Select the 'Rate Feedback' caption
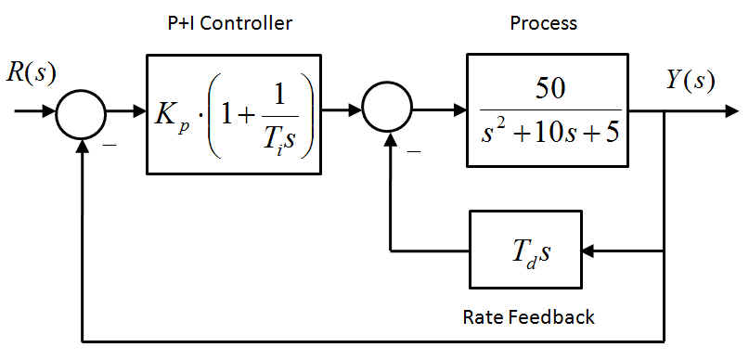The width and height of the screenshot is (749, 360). (x=528, y=317)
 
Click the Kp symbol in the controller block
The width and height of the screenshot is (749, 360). (x=172, y=116)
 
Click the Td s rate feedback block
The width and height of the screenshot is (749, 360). (x=526, y=250)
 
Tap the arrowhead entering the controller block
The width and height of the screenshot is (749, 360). (x=138, y=113)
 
